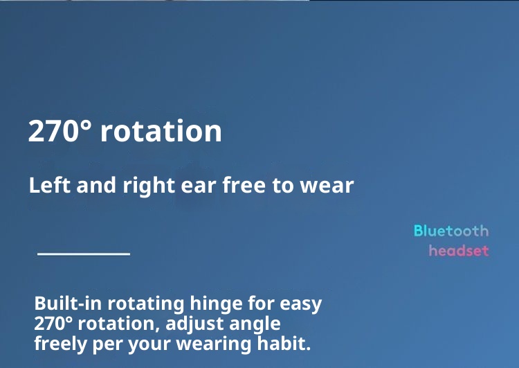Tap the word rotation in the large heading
[x=161, y=131]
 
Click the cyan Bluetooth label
[x=451, y=231]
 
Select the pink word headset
[x=459, y=250]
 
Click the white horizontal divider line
[x=84, y=254]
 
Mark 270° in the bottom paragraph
[x=55, y=324]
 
